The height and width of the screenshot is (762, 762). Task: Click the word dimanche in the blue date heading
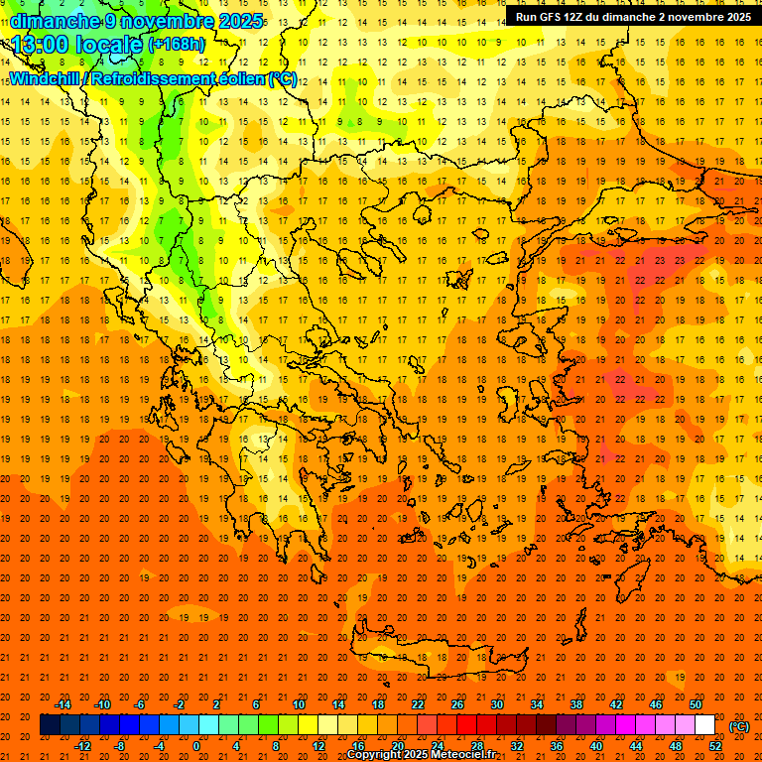point(56,21)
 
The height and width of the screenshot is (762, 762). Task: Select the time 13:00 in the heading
point(46,45)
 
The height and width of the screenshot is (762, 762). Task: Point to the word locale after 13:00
point(113,45)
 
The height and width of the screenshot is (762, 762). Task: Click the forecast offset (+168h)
point(179,45)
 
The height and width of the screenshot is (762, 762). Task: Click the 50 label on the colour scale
point(696,704)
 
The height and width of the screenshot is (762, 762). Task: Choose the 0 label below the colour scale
point(196,745)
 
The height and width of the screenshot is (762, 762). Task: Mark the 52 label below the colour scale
point(714,745)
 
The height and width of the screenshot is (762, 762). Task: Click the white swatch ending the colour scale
point(704,725)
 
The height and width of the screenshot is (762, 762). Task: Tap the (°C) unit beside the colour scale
point(738,726)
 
